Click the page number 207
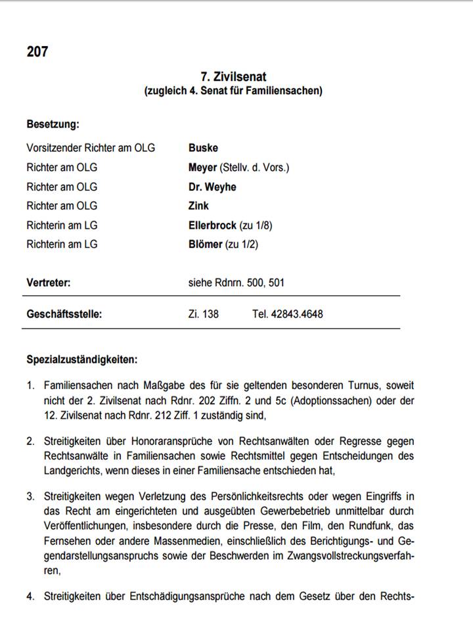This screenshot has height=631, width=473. click(37, 51)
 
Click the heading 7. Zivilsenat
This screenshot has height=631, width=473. click(233, 78)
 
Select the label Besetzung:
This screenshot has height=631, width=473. click(53, 124)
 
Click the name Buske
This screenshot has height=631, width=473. click(203, 148)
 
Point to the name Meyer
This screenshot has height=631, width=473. click(202, 168)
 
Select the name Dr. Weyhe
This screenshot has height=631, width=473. click(212, 187)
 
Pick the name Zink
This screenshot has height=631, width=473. click(198, 206)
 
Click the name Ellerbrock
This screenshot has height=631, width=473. click(212, 225)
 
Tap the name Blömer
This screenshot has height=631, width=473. click(206, 245)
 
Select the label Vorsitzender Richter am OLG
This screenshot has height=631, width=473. click(91, 148)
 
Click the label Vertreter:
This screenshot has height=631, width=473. click(48, 283)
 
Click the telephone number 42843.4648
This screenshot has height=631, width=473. click(300, 314)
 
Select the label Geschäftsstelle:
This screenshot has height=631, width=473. click(64, 314)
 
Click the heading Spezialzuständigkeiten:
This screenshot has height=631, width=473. click(81, 360)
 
